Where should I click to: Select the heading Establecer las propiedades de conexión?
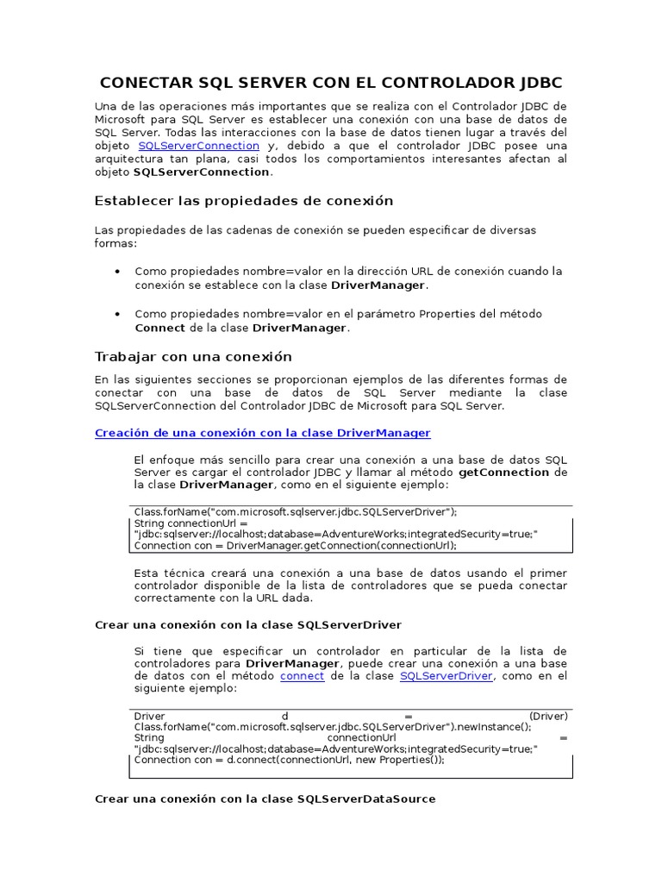click(x=243, y=201)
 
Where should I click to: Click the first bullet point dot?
click(x=117, y=271)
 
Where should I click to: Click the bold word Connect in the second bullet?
click(x=159, y=328)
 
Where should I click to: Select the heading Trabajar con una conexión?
click(x=192, y=356)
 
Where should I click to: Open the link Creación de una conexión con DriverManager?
click(x=262, y=433)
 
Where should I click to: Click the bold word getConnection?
click(x=503, y=473)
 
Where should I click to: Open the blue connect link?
click(x=303, y=676)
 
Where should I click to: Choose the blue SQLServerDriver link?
click(x=446, y=676)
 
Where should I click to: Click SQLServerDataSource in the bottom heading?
click(x=365, y=799)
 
